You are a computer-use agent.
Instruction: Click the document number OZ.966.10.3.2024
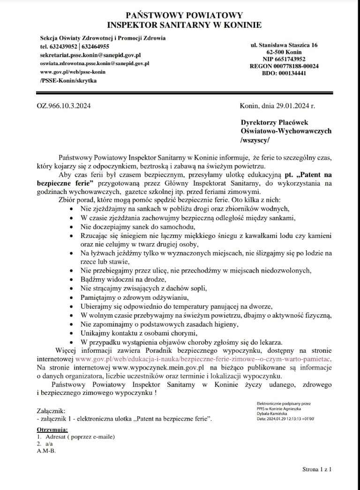[x=63, y=106]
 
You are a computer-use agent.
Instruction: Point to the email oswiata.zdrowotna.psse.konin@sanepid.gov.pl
[x=94, y=63]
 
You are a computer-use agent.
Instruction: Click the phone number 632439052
[x=64, y=46]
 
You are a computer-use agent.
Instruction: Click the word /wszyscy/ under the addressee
[x=255, y=140]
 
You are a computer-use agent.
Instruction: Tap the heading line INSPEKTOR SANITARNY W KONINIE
[x=184, y=25]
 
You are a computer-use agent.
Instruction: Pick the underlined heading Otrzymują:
[x=52, y=430]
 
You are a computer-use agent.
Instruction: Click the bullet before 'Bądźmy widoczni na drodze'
[x=71, y=280]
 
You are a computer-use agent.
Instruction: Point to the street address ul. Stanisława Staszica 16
[x=285, y=45]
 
